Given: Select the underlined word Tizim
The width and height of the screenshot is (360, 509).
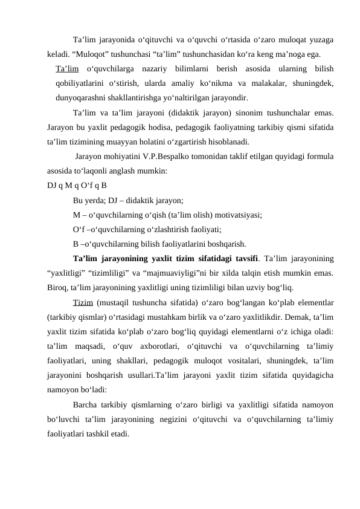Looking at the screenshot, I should click(83, 302).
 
